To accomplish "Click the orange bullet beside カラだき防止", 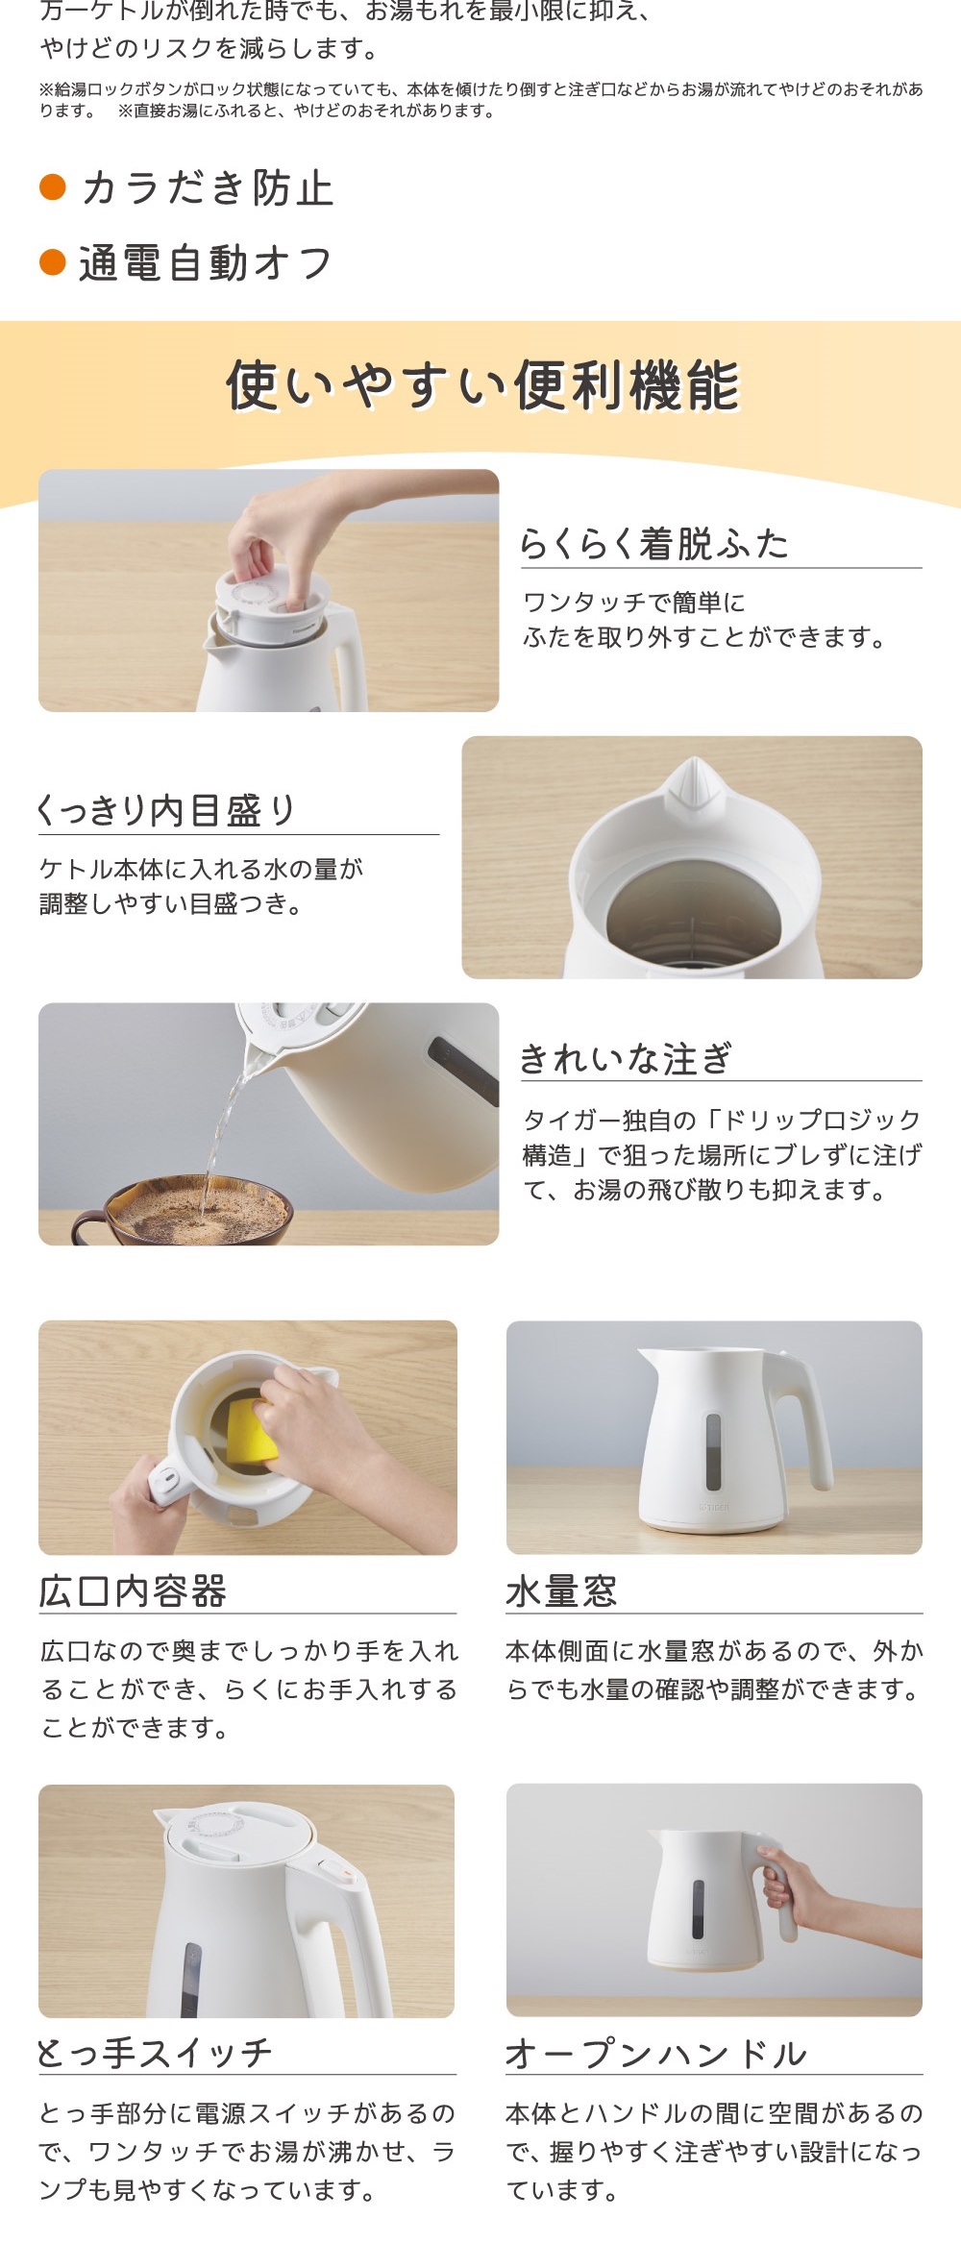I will [x=52, y=186].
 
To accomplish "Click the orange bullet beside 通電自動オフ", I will [x=52, y=261].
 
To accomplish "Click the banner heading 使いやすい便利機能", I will [x=482, y=385].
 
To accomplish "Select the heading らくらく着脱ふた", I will [x=653, y=544].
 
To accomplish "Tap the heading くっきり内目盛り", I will [x=165, y=810].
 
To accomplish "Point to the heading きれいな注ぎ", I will [x=626, y=1058].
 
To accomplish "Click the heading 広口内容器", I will [x=133, y=1591].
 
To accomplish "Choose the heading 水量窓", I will [x=562, y=1591].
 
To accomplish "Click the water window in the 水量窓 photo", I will [x=713, y=1451].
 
